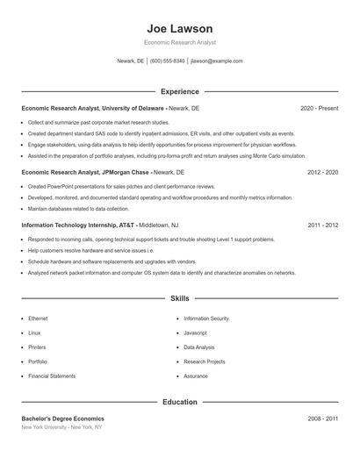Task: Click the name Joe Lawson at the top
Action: (x=180, y=28)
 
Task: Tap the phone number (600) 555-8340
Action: (x=167, y=61)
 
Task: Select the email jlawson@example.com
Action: (x=216, y=61)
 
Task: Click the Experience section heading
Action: (x=180, y=91)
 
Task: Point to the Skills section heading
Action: (x=180, y=299)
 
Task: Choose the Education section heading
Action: (x=180, y=402)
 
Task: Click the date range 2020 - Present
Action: (x=319, y=108)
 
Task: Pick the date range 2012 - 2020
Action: (x=322, y=173)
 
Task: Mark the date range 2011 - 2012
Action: (x=322, y=225)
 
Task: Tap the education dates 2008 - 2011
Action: (x=322, y=419)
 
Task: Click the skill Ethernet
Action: (x=39, y=318)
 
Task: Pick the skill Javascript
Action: (x=195, y=333)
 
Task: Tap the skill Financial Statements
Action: (x=52, y=376)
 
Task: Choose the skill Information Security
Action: (x=206, y=318)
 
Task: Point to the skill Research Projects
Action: (x=205, y=361)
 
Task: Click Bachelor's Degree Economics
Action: (x=62, y=419)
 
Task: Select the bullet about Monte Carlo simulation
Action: (x=154, y=155)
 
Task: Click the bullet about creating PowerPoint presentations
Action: (x=121, y=187)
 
